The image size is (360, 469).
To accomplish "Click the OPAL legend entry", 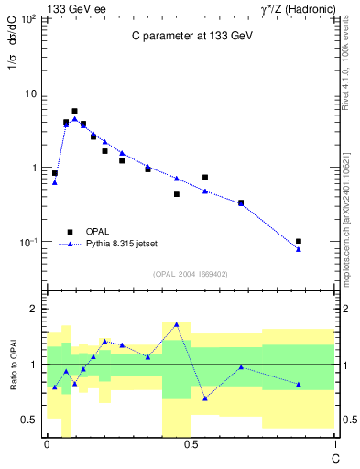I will (97, 232).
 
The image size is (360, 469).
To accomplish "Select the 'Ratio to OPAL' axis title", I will (14, 364).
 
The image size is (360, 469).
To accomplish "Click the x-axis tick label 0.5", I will (191, 444).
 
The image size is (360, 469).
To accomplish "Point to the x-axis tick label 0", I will (47, 444).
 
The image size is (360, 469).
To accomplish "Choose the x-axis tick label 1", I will (334, 444).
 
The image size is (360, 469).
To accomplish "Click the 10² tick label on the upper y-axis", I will (30, 19).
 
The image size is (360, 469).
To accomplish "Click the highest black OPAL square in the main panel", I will (74, 111).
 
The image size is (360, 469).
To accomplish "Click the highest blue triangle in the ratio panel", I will (177, 324).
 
